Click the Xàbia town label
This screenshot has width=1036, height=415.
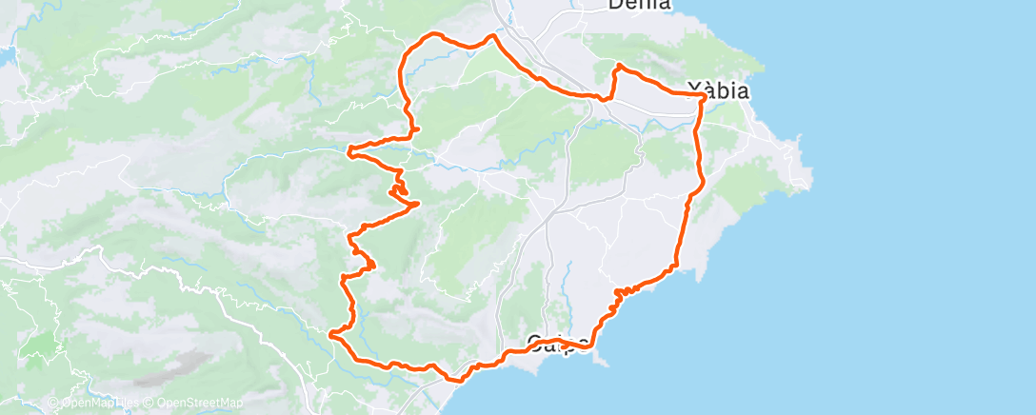tap(717, 92)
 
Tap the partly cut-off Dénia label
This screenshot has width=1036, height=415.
tap(639, 5)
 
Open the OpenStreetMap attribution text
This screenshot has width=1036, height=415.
tap(195, 403)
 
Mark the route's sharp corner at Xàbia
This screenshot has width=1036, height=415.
tap(704, 96)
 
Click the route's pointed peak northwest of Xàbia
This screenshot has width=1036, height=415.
tap(619, 65)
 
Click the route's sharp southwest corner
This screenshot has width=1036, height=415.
tap(330, 334)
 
